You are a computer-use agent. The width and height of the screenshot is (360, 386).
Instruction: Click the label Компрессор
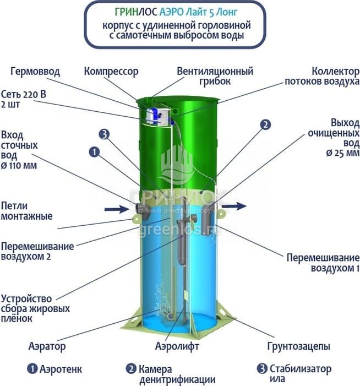pos(111,72)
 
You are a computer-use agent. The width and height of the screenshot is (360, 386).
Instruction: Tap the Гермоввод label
pos(35,72)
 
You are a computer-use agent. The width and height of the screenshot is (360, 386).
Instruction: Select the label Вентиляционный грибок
pos(215,76)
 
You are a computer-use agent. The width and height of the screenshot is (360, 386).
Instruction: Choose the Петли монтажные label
pos(27,210)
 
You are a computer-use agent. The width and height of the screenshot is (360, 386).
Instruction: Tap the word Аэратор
pos(47,346)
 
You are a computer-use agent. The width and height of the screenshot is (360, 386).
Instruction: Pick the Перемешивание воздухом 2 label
pos(37,251)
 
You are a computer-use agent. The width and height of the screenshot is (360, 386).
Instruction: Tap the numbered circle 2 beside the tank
pos(265,124)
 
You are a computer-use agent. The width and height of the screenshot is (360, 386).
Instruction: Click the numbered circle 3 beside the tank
pos(105,133)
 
